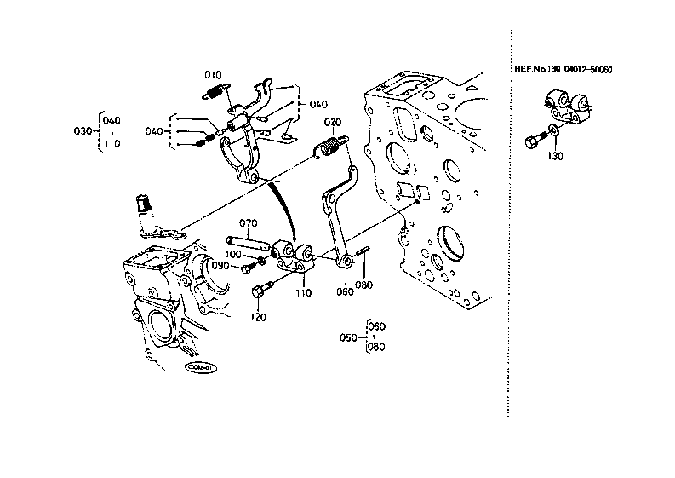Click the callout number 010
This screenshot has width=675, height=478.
click(x=213, y=75)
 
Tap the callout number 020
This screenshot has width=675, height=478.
click(x=332, y=121)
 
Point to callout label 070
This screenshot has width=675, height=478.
click(x=247, y=224)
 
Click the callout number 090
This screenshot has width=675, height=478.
click(x=220, y=266)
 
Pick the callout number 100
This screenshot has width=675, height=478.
click(x=233, y=255)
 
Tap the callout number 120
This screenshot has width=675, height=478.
click(x=257, y=317)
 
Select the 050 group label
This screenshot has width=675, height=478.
click(x=347, y=337)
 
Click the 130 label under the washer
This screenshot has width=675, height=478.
click(x=555, y=156)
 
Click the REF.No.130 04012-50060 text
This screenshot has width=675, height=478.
click(x=563, y=70)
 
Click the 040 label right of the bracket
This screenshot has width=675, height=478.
click(x=317, y=105)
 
